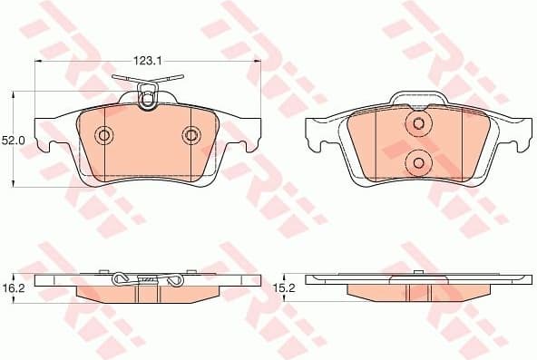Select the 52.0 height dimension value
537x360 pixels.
pos(13,141)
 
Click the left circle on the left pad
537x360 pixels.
pos(104,136)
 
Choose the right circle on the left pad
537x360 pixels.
pos(190,136)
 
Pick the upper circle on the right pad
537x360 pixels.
pos(418,124)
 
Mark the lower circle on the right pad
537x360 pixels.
pos(418,163)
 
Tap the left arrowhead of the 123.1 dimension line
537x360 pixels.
pos(38,62)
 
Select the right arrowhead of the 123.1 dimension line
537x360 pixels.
pos(257,62)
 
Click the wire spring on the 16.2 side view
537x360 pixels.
pos(145,279)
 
